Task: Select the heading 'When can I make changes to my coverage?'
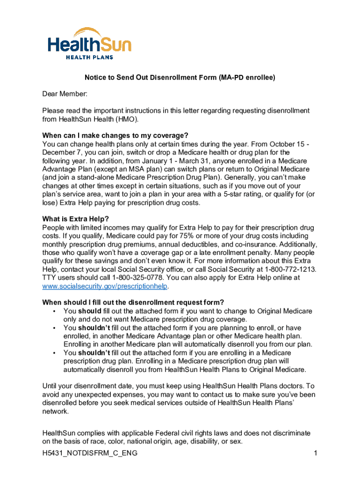coord(115,136)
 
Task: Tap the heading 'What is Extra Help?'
coord(75,219)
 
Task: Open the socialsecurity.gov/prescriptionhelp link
coord(105,286)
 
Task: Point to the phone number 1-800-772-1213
coord(290,269)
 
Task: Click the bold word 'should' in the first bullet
coord(89,311)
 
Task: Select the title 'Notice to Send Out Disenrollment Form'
coord(150,78)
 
